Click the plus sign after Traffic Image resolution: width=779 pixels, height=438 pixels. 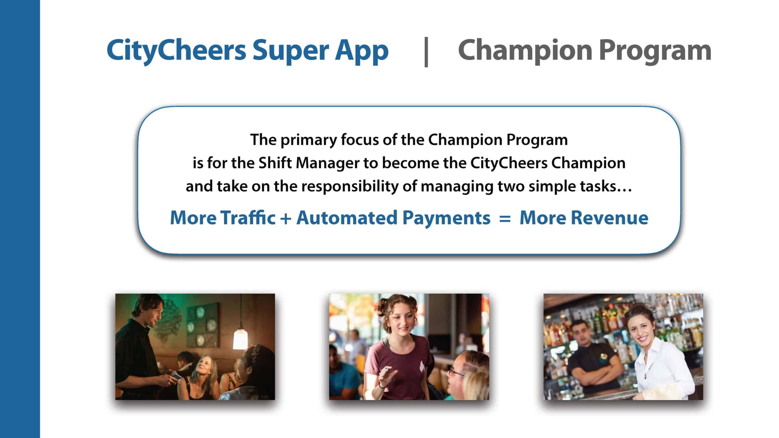(x=286, y=218)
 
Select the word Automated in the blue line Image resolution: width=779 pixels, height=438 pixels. (x=347, y=218)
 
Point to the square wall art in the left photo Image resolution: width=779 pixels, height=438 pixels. (x=202, y=325)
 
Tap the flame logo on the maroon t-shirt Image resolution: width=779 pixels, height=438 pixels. (x=422, y=365)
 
